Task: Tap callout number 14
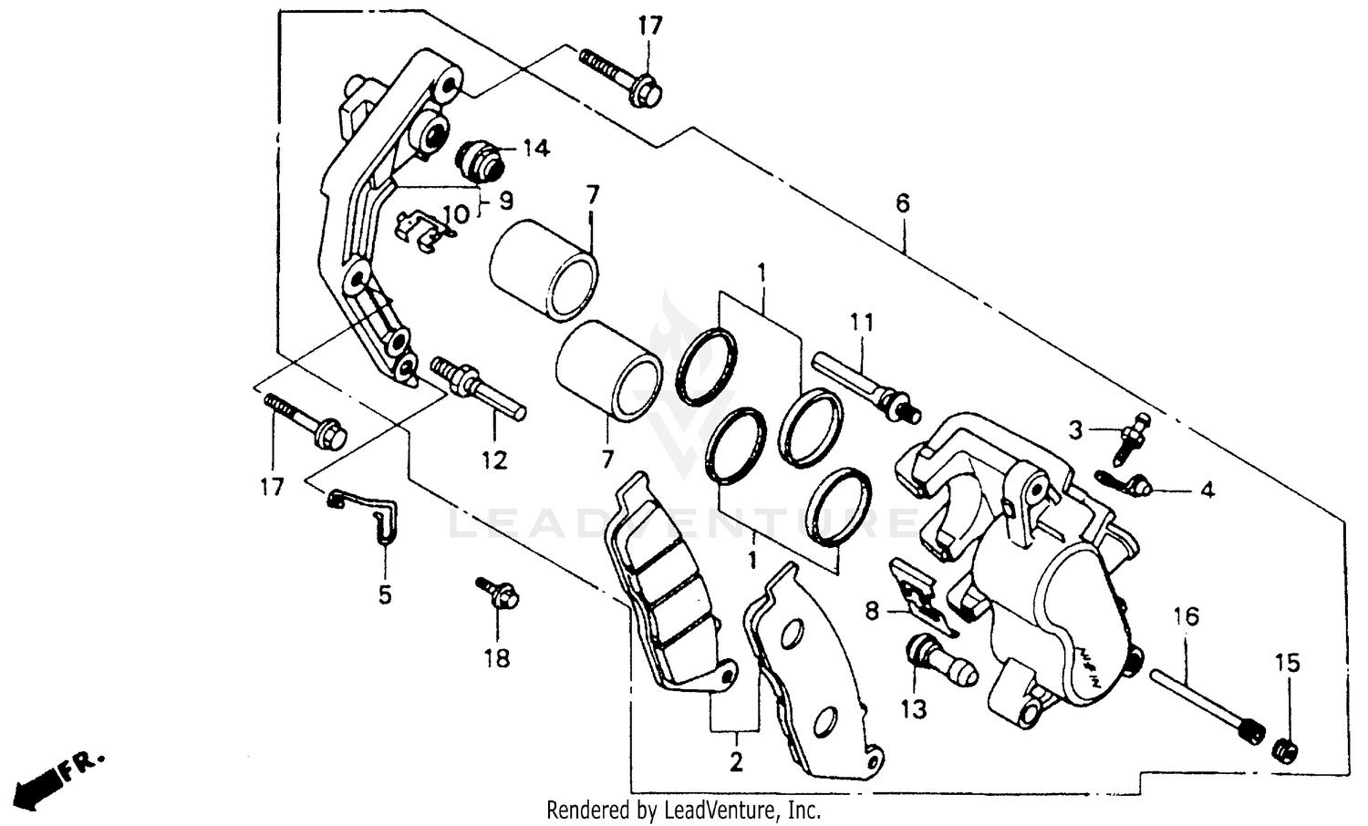[536, 149]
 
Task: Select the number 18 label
[497, 657]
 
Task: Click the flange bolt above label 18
[497, 593]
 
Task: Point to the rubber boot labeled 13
[943, 663]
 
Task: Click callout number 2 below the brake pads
[736, 761]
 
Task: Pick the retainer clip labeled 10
[423, 231]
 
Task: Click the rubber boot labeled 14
[482, 160]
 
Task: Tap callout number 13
[914, 708]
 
